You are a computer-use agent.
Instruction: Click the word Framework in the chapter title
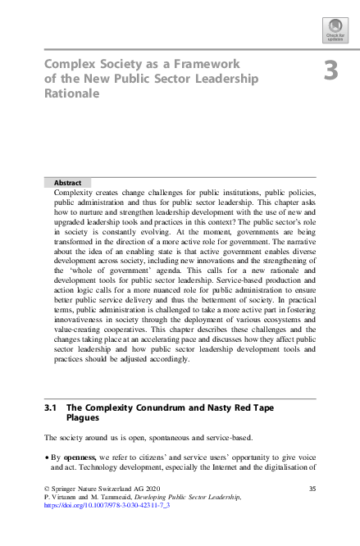coord(203,63)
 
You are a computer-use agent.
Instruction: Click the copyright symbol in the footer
coord(47,489)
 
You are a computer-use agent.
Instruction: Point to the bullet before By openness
coord(47,457)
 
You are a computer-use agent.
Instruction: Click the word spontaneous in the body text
coord(152,437)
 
